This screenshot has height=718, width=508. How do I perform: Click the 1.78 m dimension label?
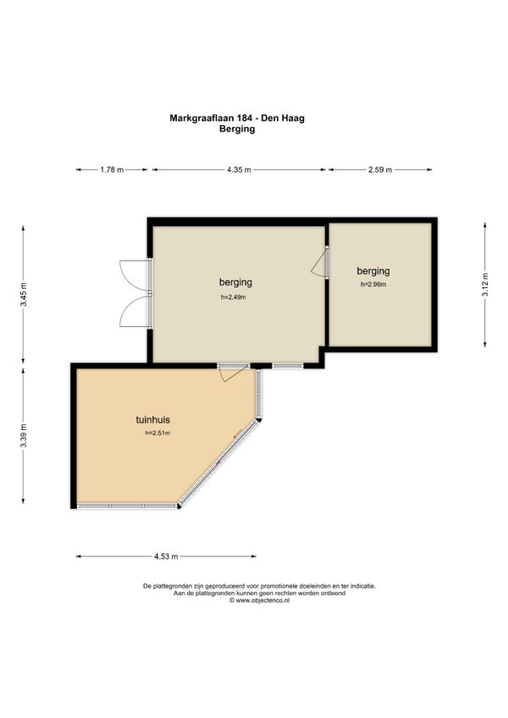(x=112, y=170)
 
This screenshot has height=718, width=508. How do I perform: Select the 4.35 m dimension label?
(x=239, y=170)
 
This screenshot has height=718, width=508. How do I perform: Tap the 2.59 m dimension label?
(x=380, y=170)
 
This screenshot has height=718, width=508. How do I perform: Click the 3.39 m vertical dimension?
(x=24, y=435)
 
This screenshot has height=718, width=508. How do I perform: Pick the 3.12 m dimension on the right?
(x=484, y=284)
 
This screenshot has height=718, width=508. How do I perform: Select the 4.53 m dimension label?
(x=166, y=556)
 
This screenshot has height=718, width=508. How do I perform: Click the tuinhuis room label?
(x=153, y=419)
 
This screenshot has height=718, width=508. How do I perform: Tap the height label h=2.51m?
(x=157, y=433)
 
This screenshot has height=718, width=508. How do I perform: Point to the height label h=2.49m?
(x=234, y=296)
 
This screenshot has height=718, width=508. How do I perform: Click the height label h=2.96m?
(x=373, y=284)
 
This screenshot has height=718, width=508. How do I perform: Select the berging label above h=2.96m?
(x=373, y=271)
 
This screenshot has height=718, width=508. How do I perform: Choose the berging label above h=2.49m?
(x=235, y=282)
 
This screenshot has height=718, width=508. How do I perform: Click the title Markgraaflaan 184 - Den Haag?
(x=237, y=119)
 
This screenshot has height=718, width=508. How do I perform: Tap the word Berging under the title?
(x=237, y=129)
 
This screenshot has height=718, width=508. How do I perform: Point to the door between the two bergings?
(x=319, y=262)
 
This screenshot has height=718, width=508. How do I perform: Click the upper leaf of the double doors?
(x=135, y=275)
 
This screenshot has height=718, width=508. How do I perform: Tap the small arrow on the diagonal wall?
(x=238, y=434)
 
